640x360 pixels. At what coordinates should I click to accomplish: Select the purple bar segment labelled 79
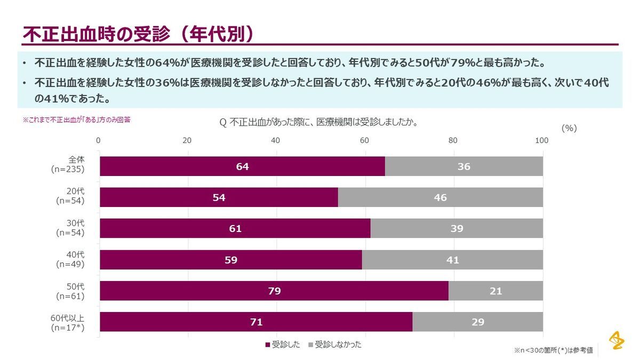coord(274,291)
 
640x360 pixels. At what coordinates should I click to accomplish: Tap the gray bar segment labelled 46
coord(440,198)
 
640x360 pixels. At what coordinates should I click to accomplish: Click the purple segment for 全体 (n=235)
coord(242,166)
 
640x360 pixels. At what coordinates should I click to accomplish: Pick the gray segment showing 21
coord(495,291)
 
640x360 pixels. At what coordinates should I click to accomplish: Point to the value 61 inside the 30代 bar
coord(235,229)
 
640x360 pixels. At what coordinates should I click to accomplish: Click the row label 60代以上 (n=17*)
coord(68,323)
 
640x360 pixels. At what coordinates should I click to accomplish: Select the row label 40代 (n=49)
coord(70,260)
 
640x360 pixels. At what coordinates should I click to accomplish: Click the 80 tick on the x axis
coord(453,141)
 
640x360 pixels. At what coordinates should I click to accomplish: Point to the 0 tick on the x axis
coord(99,141)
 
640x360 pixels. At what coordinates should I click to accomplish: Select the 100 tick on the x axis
coord(541,141)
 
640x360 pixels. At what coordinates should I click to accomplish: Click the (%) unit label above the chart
coord(569,128)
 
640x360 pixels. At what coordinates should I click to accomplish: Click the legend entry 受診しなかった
coord(334,345)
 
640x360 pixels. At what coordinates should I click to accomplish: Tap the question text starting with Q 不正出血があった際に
coord(318,122)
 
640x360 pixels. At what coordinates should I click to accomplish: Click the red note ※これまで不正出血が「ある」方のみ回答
coord(76,120)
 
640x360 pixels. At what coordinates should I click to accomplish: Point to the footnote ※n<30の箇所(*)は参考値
coord(553,350)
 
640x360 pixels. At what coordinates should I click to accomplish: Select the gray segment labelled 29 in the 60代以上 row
coord(477,322)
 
